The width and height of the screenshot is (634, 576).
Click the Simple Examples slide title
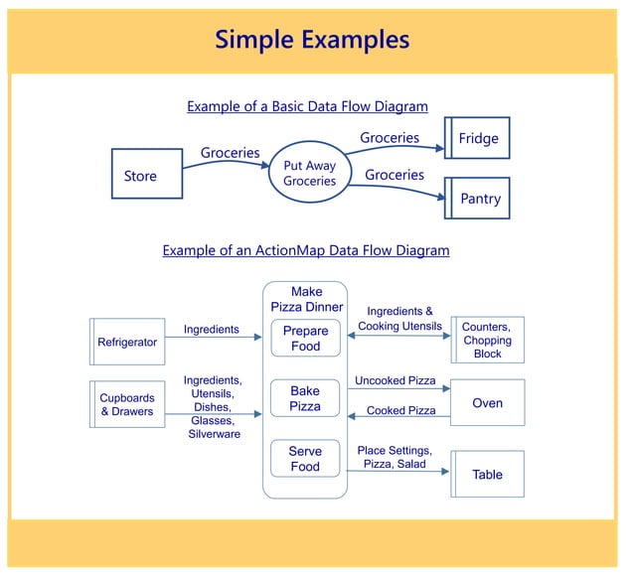tap(312, 39)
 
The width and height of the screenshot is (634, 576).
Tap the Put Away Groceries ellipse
tap(309, 174)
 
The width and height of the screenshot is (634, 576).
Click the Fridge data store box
tap(478, 139)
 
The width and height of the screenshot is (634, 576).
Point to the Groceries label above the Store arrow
tap(230, 153)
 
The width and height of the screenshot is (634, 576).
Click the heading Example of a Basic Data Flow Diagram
tap(307, 106)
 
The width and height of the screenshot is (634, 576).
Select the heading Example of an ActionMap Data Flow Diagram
tap(306, 250)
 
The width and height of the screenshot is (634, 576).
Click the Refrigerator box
tap(127, 342)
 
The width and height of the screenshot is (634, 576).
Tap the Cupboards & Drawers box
tap(127, 404)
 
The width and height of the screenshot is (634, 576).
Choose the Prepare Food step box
tap(305, 339)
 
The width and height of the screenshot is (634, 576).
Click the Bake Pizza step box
tap(305, 399)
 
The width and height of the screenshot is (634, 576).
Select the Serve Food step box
tap(305, 459)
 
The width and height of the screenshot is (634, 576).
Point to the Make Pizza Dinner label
tap(306, 299)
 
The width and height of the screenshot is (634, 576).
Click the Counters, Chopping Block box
tap(487, 340)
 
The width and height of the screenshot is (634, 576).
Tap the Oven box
tap(487, 403)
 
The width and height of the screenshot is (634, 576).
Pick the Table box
tap(487, 474)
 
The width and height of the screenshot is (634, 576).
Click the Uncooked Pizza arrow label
tap(395, 380)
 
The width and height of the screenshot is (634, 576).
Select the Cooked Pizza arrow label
tap(400, 410)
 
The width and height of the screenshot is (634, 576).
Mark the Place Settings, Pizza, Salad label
tap(395, 457)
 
